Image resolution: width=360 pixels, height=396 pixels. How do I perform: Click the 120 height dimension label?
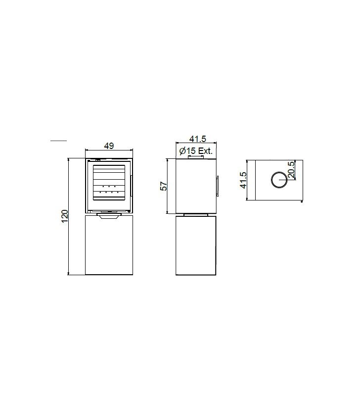coord(65,216)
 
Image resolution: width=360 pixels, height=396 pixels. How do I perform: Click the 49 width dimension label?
coord(109,146)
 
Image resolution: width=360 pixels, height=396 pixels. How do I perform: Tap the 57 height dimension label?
coord(164,186)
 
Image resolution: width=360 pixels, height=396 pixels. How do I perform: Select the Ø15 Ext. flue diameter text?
coord(196,151)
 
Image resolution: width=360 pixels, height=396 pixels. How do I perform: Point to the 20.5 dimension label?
coord(291,170)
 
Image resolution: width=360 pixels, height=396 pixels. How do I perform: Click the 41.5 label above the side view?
coord(198,139)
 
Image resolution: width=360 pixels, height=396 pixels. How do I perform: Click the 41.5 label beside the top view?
coord(243,180)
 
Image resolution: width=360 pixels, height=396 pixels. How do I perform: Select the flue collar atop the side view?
coord(195,157)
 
